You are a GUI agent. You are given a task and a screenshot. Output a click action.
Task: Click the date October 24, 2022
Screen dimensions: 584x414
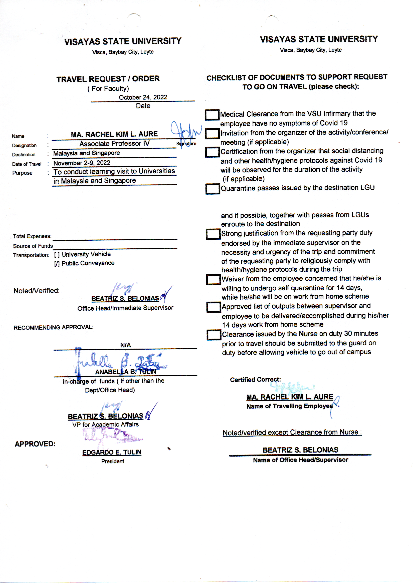(x=143, y=97)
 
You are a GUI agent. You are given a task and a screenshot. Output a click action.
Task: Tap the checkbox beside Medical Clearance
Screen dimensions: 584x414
(x=212, y=114)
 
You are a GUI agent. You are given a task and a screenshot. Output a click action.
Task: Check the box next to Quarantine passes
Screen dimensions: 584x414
(x=213, y=189)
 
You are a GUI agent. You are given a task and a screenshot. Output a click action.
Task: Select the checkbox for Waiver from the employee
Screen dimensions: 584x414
(x=213, y=279)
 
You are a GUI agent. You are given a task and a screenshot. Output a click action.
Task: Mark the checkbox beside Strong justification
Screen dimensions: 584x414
(x=213, y=234)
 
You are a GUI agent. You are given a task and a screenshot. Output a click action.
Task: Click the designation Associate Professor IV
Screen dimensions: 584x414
(x=114, y=144)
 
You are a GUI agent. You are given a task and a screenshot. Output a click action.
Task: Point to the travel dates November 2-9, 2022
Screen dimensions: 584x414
(x=82, y=163)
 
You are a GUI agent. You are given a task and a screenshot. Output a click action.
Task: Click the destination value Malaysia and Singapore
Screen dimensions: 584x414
(x=86, y=153)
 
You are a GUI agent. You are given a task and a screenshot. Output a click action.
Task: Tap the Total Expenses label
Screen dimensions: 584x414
(x=32, y=236)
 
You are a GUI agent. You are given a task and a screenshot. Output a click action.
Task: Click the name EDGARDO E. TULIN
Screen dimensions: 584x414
(x=112, y=452)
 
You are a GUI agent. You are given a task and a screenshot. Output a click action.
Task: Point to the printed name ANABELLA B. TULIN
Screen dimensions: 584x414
(x=125, y=372)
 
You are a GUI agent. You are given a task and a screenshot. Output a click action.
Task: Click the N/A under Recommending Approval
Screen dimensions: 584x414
(x=125, y=345)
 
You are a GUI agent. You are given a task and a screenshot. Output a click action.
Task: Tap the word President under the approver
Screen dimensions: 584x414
(x=112, y=461)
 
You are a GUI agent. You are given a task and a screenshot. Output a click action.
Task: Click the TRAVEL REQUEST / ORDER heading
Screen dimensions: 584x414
(x=108, y=79)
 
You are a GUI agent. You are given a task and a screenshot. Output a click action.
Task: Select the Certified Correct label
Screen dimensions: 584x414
(x=255, y=380)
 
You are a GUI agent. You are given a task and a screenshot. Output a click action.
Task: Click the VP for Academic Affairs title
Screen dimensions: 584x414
(x=105, y=425)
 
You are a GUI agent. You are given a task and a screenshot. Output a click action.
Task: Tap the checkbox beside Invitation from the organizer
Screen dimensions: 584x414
(x=212, y=133)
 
